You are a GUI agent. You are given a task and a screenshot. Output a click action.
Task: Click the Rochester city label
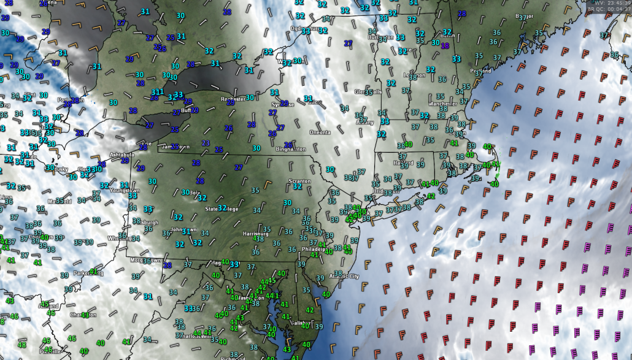[233, 99]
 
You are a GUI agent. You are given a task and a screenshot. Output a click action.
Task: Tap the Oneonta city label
[319, 132]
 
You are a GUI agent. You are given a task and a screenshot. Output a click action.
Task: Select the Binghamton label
[291, 149]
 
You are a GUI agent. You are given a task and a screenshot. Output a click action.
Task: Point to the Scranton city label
[299, 181]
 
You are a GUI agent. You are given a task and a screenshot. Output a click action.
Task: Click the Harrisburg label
[256, 234]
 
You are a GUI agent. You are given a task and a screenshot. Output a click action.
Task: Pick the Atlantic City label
[344, 277]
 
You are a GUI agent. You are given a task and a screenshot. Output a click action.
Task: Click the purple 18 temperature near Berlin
[445, 45]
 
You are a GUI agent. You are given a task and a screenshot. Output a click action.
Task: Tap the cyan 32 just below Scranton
[297, 187]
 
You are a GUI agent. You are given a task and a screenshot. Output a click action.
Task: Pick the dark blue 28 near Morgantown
[167, 264]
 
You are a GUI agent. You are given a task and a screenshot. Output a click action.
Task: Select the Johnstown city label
[183, 230]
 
